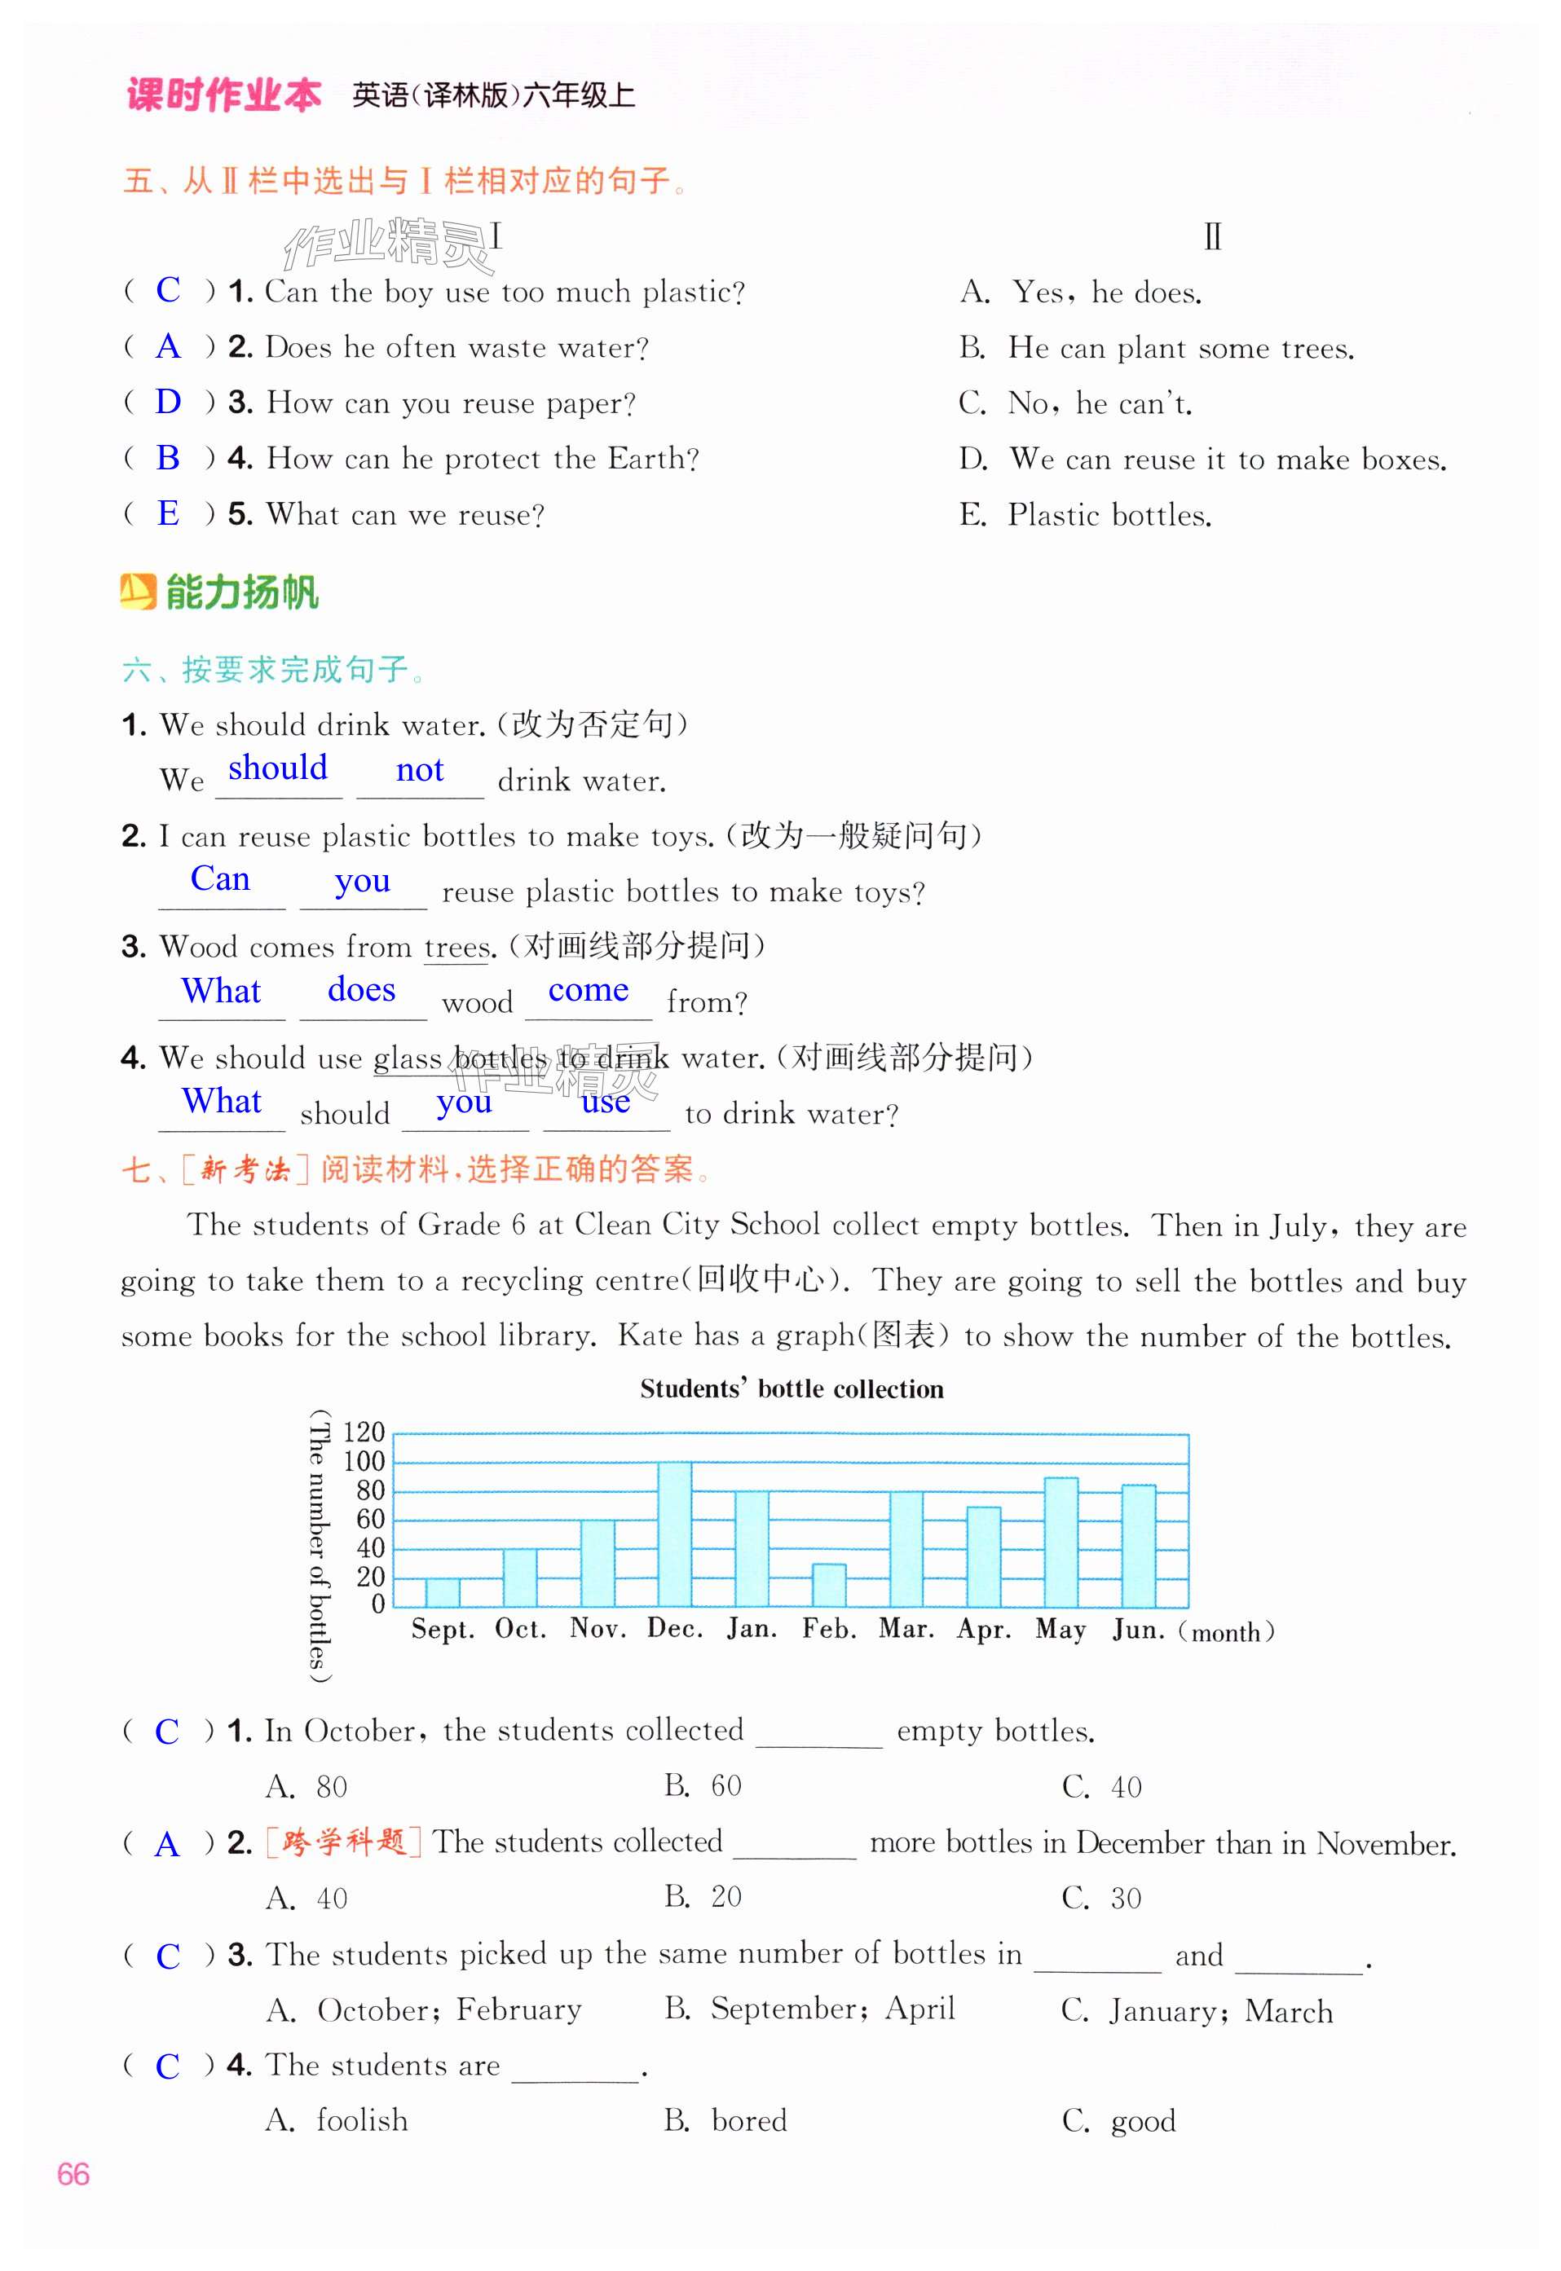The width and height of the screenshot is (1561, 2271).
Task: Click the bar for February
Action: pos(828,1585)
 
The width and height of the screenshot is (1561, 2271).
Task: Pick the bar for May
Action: pos(1061,1542)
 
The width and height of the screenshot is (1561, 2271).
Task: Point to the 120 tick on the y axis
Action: pos(363,1433)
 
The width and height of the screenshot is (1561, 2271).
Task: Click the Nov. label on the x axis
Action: pos(598,1629)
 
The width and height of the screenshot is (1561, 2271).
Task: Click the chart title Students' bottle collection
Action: pos(792,1389)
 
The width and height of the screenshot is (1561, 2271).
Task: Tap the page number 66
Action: pos(73,2174)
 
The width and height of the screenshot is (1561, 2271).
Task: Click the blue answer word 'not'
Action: pos(420,770)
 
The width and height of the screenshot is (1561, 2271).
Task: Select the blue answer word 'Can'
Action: pos(220,879)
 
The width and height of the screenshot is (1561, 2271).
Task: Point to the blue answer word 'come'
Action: pos(588,990)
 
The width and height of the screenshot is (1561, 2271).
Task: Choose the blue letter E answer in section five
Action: pos(168,513)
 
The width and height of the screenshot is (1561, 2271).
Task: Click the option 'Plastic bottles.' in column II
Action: pos(1109,515)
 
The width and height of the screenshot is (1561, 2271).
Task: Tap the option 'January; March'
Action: pos(1219,2011)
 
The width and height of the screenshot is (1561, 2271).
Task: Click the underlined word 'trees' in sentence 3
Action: pos(456,948)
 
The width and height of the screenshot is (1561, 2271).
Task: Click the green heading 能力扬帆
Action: pos(240,592)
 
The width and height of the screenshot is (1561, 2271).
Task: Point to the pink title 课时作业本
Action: pos(224,95)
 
